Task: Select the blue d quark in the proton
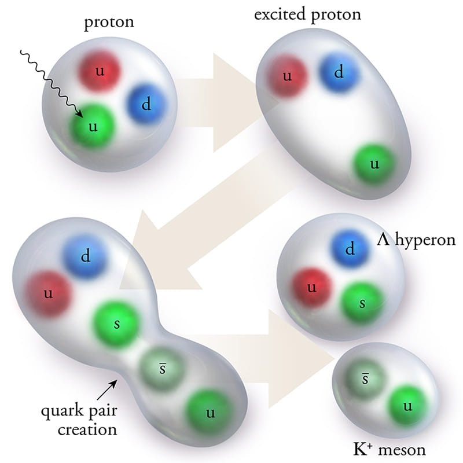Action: (146, 104)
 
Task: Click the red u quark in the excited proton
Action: (286, 75)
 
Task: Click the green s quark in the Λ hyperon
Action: (362, 303)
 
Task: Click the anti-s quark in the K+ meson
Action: (365, 379)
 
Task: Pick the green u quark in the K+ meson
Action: (408, 406)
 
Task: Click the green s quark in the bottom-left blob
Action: (117, 323)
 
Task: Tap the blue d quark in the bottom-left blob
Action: (86, 256)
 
